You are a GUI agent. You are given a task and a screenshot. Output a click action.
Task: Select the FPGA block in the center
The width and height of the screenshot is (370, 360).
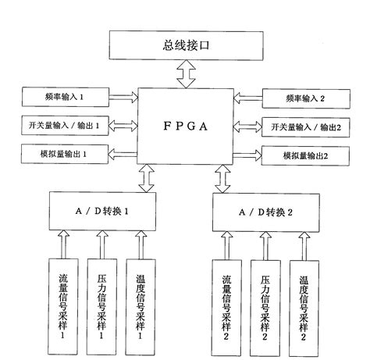point(186,127)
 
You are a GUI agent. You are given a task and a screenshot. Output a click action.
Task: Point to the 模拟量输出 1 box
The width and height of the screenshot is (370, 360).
point(63,155)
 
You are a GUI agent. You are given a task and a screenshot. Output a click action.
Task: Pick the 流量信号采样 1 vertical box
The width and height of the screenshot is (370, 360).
point(64,301)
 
